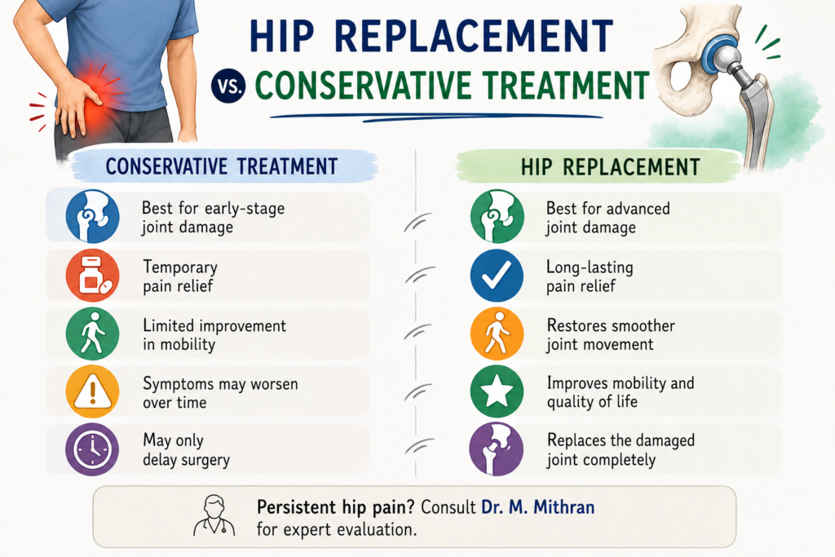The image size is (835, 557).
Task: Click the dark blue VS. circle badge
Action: click(229, 86)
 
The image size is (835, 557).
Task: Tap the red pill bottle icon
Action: click(93, 276)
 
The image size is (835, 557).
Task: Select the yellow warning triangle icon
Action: click(92, 391)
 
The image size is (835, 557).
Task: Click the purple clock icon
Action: click(92, 449)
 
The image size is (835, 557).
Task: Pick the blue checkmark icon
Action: click(497, 276)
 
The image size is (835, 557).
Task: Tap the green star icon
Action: click(497, 391)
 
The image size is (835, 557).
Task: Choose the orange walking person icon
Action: click(497, 334)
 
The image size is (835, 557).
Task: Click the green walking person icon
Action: click(92, 334)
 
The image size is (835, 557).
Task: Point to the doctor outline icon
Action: click(214, 515)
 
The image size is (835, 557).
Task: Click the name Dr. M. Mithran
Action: click(538, 507)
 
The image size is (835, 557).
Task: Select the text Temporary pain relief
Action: click(180, 276)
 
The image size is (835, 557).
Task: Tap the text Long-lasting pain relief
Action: click(590, 276)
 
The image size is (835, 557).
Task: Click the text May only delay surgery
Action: click(186, 450)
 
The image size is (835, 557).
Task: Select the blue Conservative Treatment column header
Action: click(223, 166)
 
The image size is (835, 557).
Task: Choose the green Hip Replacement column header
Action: click(610, 167)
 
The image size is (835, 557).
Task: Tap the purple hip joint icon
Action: click(497, 449)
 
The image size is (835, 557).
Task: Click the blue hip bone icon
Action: click(93, 217)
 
